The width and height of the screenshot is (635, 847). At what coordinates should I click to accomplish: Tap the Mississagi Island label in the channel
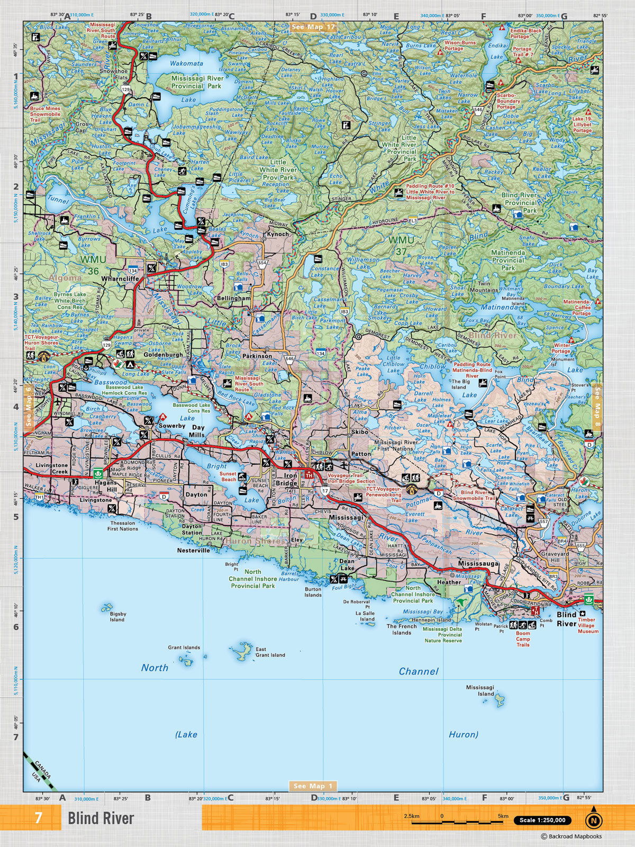[480, 690]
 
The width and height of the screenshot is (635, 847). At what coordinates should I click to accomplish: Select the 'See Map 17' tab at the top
[313, 27]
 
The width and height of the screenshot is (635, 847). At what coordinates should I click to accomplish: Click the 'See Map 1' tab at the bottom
[313, 786]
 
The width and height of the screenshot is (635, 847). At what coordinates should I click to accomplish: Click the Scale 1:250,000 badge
[542, 820]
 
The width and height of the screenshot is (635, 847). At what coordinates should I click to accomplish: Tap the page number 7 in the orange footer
[38, 818]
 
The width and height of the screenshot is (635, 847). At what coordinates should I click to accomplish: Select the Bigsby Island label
[117, 616]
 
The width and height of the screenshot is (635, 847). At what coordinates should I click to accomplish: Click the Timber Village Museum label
[588, 625]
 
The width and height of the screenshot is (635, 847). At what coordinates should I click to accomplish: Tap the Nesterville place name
[193, 550]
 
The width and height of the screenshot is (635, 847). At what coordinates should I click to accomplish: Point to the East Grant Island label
[270, 652]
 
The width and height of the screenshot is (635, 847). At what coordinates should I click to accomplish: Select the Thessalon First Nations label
[122, 526]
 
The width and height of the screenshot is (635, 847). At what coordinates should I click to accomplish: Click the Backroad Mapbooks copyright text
[571, 836]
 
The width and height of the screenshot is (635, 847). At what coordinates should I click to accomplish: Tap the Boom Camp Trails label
[523, 639]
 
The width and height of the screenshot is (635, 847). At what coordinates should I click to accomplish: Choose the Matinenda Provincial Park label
[508, 260]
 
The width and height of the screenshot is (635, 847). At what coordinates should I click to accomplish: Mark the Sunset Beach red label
[228, 476]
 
